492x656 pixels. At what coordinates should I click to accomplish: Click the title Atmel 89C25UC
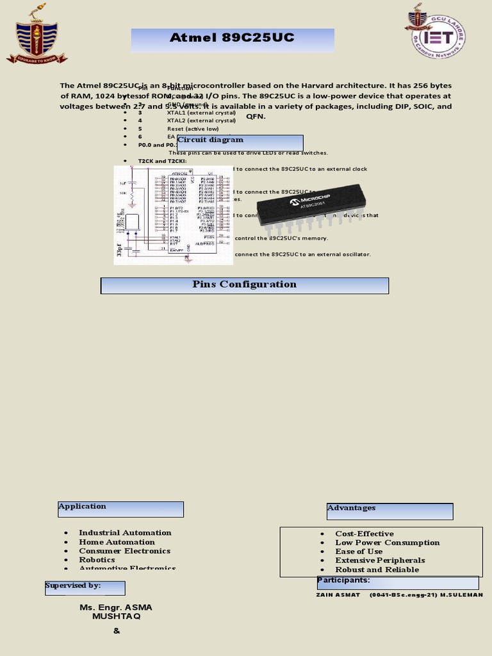[x=232, y=38]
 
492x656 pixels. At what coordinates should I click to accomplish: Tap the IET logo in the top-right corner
[x=435, y=32]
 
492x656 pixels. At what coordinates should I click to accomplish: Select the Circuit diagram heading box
[x=240, y=142]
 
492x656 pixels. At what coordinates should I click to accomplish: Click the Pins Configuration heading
[x=245, y=285]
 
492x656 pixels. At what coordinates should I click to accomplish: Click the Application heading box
[x=120, y=509]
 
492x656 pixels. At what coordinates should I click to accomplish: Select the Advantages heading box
[x=389, y=511]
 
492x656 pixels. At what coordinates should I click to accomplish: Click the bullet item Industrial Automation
[x=125, y=533]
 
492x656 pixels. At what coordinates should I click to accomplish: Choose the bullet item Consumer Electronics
[x=124, y=551]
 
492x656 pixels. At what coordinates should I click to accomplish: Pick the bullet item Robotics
[x=97, y=560]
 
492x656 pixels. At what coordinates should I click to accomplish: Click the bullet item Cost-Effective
[x=364, y=534]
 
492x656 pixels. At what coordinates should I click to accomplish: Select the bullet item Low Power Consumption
[x=387, y=543]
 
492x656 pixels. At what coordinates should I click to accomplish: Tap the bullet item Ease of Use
[x=359, y=552]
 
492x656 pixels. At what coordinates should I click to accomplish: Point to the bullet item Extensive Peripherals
[x=380, y=561]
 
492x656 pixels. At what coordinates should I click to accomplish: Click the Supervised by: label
[x=73, y=586]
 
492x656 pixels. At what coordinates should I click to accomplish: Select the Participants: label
[x=343, y=580]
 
